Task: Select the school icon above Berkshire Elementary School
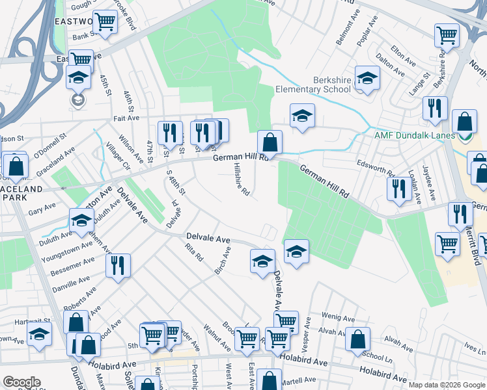pyautogui.click(x=367, y=77)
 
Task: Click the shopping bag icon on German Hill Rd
pyautogui.click(x=269, y=141)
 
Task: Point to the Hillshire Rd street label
pyautogui.click(x=242, y=179)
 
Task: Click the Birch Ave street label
pyautogui.click(x=222, y=259)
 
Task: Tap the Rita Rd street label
pyautogui.click(x=193, y=252)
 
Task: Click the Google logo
pyautogui.click(x=21, y=382)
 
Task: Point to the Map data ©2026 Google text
pyautogui.click(x=446, y=384)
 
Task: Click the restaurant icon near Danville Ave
pyautogui.click(x=118, y=265)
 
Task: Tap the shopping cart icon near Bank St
pyautogui.click(x=105, y=22)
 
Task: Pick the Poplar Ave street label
pyautogui.click(x=369, y=32)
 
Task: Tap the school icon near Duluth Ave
pyautogui.click(x=81, y=221)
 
